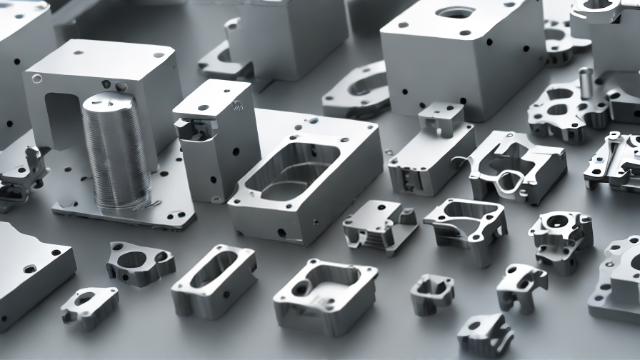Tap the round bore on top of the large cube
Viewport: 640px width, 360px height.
point(455,13)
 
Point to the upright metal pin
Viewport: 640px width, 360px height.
point(586,82)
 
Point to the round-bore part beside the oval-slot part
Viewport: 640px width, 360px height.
point(140,264)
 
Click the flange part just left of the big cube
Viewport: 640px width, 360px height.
point(356,90)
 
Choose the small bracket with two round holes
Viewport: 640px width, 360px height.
point(521,285)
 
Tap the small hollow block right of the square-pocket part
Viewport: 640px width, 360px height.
point(432,292)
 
